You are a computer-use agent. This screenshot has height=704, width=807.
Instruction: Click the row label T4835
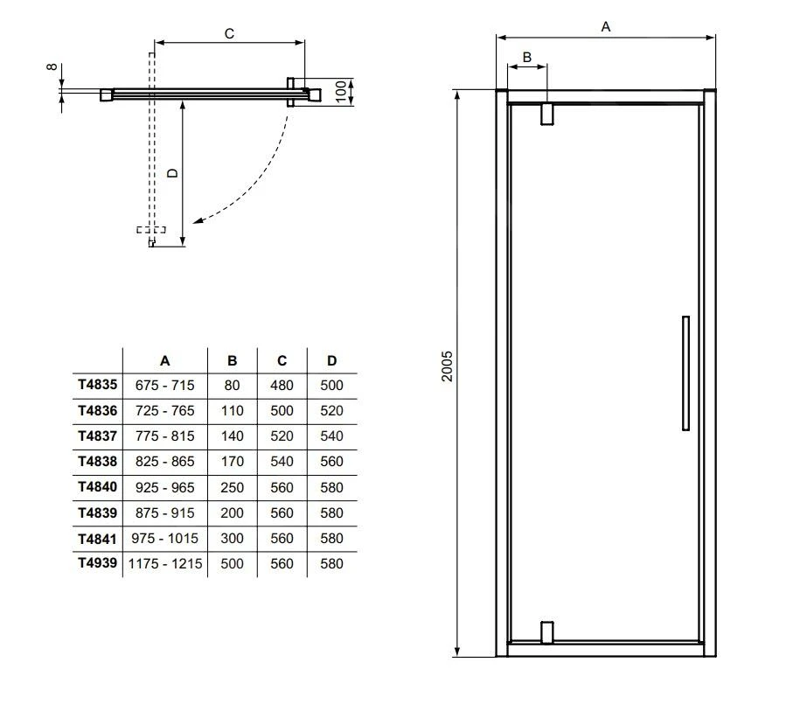[97, 385]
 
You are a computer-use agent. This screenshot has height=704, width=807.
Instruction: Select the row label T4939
[97, 564]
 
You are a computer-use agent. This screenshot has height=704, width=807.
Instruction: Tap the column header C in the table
[282, 360]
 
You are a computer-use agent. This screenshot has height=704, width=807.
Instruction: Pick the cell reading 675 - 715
[165, 385]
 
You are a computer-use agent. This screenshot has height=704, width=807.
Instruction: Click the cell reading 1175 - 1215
[165, 564]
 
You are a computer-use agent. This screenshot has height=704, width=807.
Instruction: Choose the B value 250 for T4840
[232, 488]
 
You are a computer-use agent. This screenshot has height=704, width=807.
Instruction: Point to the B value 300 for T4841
[232, 539]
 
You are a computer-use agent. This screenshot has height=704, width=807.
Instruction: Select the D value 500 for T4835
[332, 385]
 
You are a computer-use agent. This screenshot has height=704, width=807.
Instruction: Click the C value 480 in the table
[282, 385]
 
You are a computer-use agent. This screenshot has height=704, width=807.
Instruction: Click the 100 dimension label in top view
[340, 91]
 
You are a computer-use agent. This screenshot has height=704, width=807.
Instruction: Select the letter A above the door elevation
[605, 27]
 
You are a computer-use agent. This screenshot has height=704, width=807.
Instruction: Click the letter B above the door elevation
[526, 57]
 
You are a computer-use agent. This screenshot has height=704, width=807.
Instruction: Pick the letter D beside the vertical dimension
[173, 173]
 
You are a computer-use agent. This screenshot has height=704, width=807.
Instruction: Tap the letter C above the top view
[229, 33]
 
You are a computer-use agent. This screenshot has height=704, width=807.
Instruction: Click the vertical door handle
[685, 373]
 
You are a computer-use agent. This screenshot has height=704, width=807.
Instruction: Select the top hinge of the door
[547, 114]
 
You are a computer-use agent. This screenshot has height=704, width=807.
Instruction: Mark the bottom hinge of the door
[547, 632]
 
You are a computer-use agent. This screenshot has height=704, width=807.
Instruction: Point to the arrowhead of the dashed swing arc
[198, 222]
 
